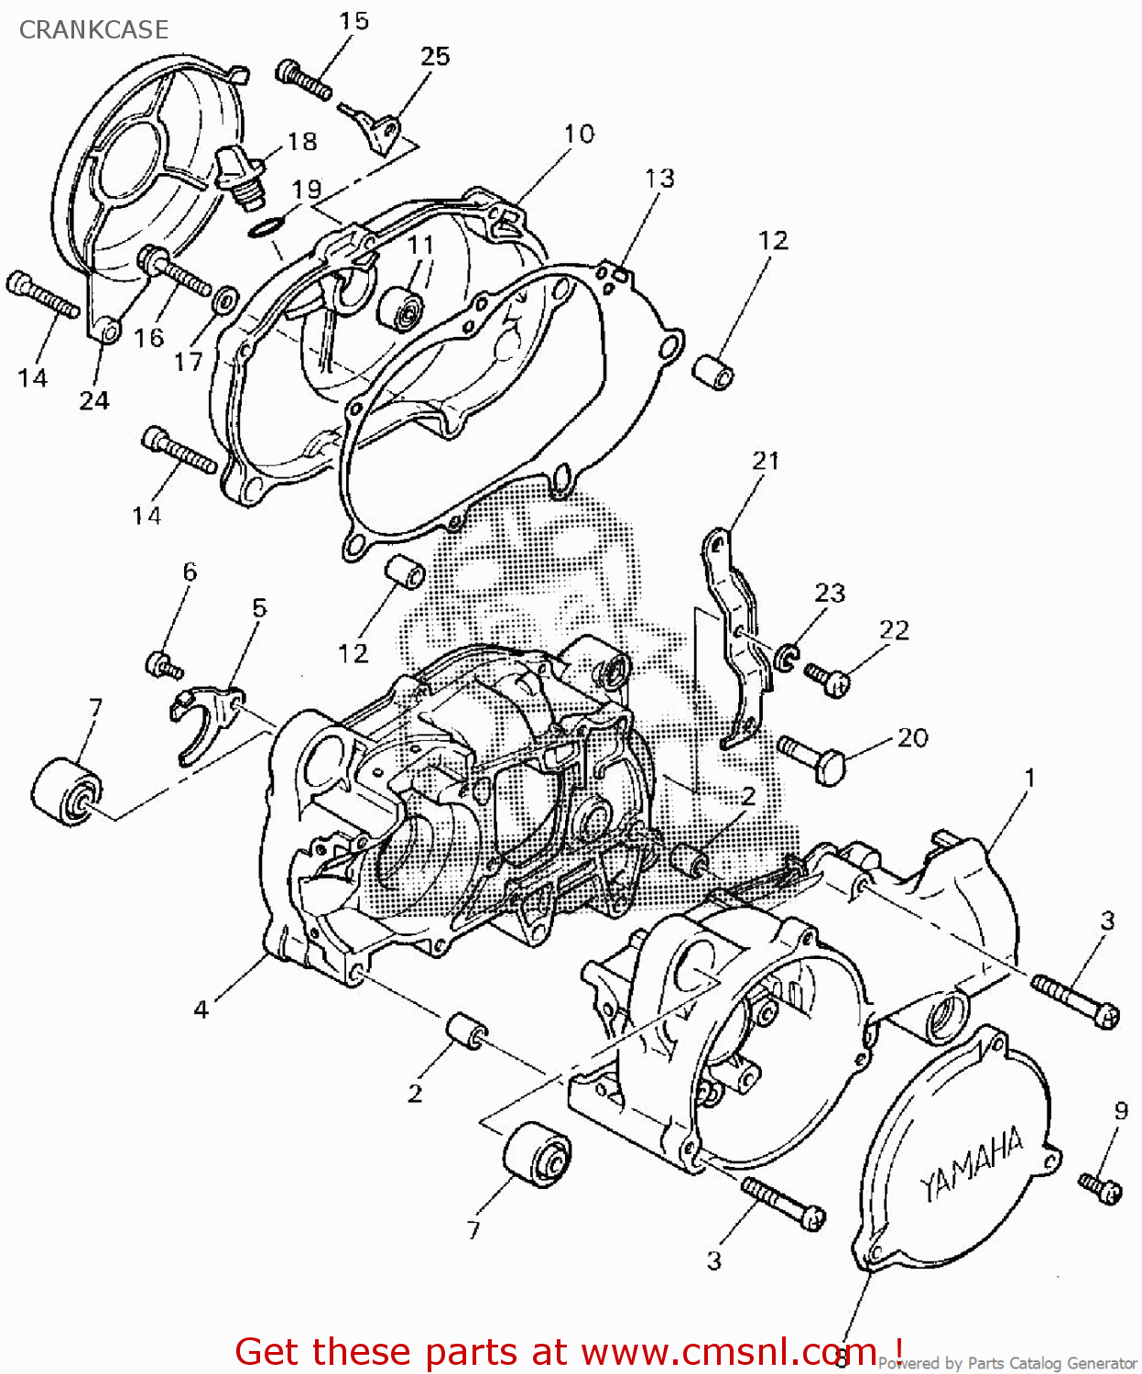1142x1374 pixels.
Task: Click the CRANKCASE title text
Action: (93, 29)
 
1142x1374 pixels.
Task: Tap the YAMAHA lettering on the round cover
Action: (971, 1164)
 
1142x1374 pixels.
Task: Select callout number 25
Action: (435, 57)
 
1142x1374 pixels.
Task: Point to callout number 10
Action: (578, 135)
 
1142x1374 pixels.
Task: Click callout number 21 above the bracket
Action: (766, 461)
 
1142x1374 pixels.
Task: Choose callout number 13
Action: (659, 179)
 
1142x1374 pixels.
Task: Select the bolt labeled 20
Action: (814, 759)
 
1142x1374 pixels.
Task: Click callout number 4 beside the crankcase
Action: (201, 1009)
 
